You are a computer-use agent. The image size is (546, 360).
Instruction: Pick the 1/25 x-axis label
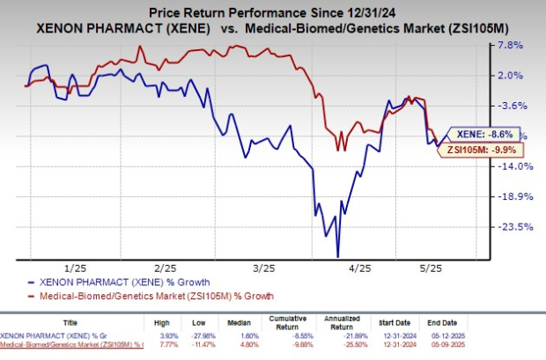76,268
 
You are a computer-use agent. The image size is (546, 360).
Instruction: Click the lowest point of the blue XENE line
337,256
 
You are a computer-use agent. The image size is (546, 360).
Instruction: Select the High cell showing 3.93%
166,339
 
